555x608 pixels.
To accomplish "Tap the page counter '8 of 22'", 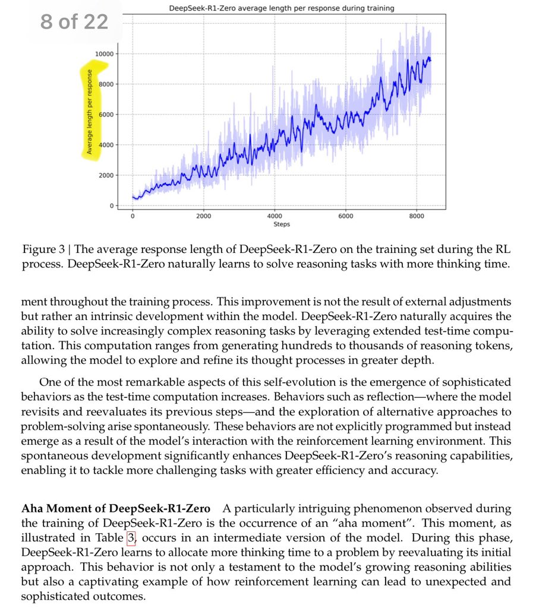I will [x=74, y=23].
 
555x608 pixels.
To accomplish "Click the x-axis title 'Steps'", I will [x=281, y=224].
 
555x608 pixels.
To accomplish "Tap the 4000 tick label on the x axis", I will [x=275, y=216].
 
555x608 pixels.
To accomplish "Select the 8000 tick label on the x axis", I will [x=417, y=216].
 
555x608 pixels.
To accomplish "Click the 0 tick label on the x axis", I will [x=133, y=216].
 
